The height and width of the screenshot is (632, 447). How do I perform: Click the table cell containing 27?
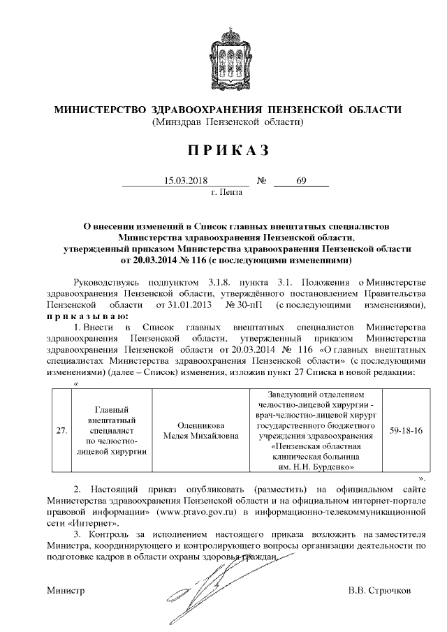pos(61,430)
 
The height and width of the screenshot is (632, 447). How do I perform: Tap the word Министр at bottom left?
pos(66,590)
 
